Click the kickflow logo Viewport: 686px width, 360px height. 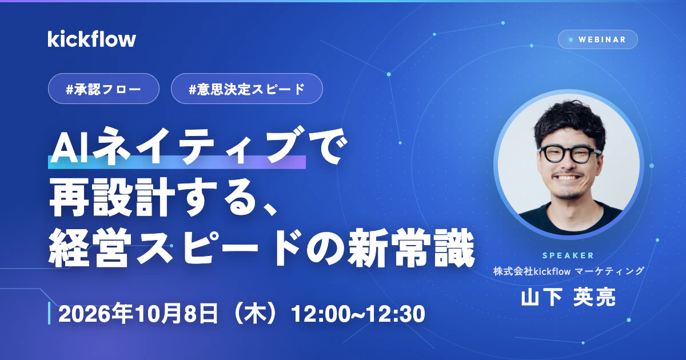(x=91, y=39)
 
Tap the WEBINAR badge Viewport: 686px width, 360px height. (x=598, y=39)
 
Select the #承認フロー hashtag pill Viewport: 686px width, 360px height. (x=103, y=89)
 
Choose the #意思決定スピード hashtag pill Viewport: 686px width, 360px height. (x=247, y=89)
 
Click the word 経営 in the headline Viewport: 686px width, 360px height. (x=88, y=248)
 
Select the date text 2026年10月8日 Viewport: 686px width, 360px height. (x=138, y=314)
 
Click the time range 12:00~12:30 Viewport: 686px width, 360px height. (x=358, y=314)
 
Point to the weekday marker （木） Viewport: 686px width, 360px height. (x=255, y=314)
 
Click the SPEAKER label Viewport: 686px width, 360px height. (x=568, y=255)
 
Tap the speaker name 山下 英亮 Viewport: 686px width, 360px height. (x=568, y=297)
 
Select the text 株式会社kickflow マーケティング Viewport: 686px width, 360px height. (x=569, y=271)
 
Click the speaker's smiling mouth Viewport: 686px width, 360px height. (x=568, y=177)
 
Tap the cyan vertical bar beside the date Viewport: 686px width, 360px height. (x=49, y=313)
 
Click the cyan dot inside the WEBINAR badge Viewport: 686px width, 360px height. (x=571, y=40)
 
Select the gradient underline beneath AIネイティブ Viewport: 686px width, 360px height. (x=177, y=162)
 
